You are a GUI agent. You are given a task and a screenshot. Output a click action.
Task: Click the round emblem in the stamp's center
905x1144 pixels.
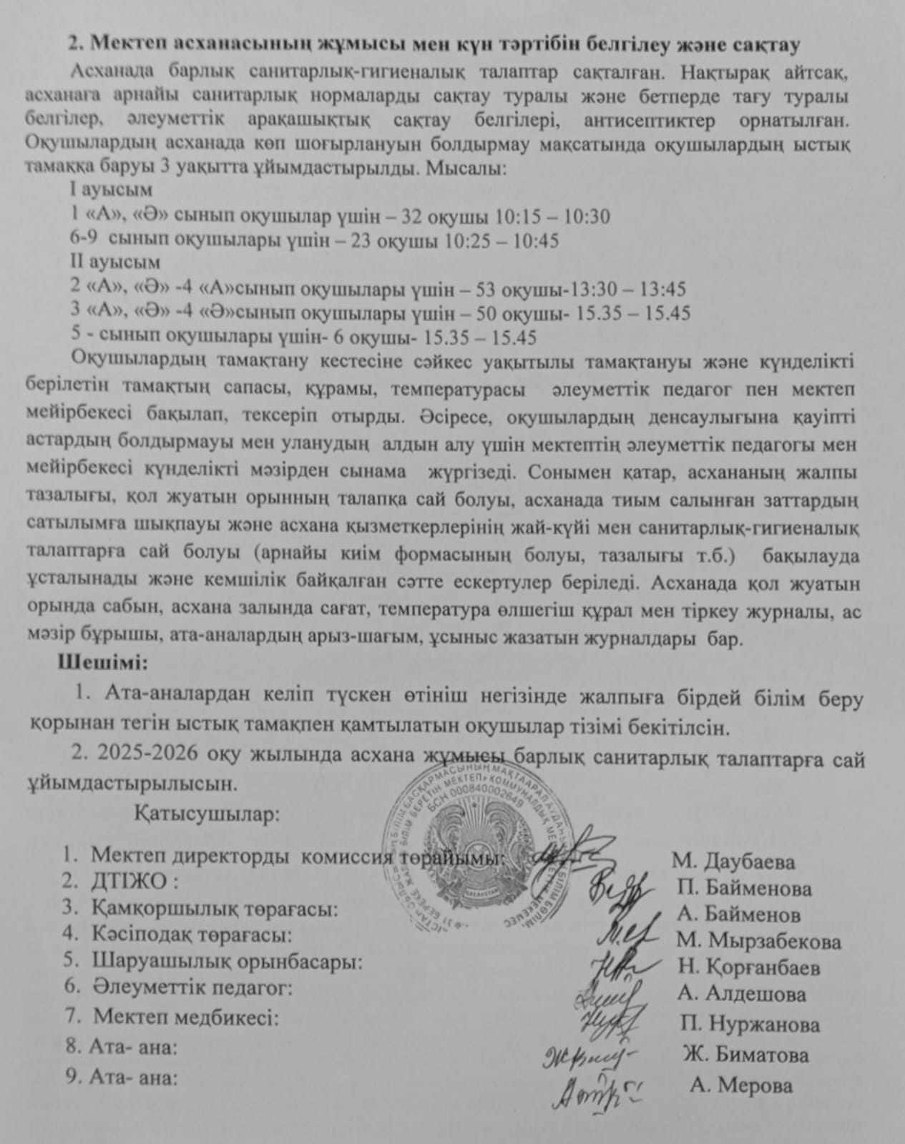coord(477,849)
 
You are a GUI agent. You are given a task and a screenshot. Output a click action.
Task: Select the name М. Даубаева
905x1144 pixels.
coord(733,862)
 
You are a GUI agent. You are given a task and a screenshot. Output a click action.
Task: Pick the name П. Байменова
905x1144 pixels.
coord(744,889)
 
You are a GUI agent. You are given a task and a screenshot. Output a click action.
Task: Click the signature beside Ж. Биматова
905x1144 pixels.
coord(590,1056)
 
